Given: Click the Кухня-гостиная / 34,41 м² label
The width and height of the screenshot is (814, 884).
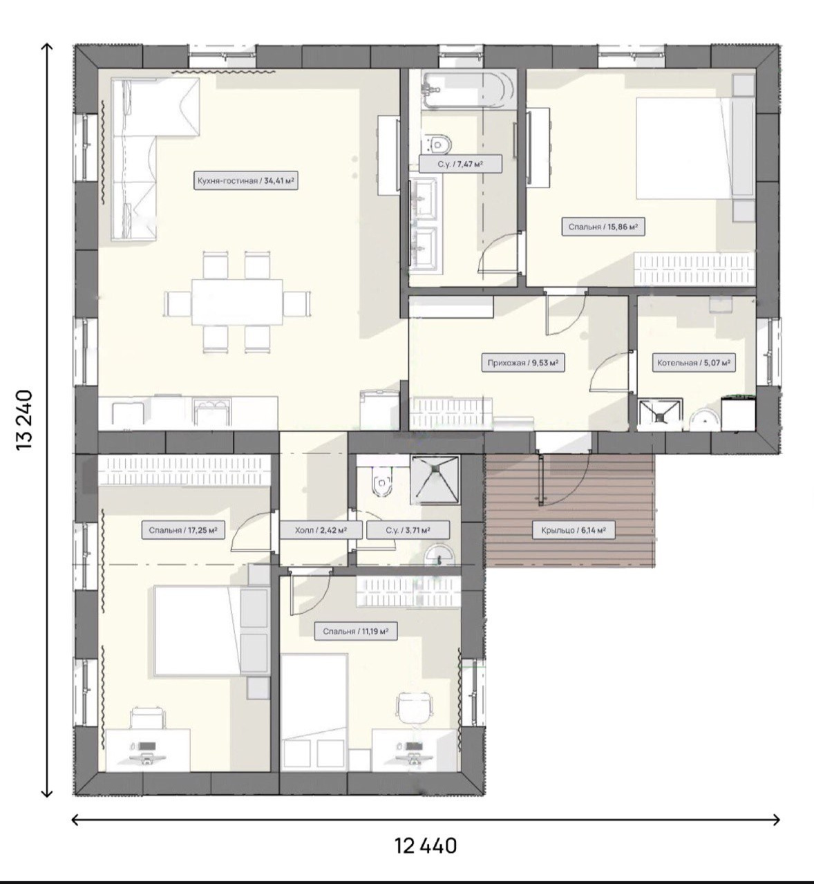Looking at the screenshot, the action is pos(246,180).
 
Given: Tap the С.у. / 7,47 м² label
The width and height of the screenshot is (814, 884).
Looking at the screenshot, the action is pos(460,164).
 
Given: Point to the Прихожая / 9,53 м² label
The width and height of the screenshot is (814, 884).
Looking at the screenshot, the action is pos(523,363).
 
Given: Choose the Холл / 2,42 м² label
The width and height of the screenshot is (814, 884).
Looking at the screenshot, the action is pos(321,530).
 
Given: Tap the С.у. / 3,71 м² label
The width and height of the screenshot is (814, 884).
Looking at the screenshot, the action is pos(408,530).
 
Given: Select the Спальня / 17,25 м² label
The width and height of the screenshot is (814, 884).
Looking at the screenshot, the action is pos(183,530).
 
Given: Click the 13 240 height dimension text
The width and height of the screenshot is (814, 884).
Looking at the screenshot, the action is pos(25,420).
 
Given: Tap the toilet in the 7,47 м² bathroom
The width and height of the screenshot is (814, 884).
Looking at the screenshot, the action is pos(437,142).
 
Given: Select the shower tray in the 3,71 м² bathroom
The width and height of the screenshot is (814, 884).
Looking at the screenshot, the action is pos(435,480).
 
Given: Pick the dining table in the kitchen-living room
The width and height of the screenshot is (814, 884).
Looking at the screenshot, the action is pos(236,302).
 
